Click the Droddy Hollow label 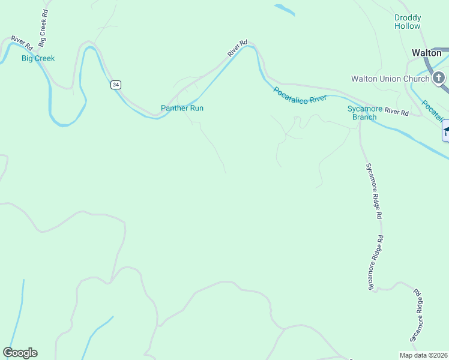408,22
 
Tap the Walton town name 427,53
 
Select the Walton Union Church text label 390,79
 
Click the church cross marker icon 439,78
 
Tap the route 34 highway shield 115,85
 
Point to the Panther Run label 182,108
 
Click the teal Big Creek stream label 38,58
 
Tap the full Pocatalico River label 300,95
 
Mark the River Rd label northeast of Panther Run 238,49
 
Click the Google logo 20,353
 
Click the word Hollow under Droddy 408,26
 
